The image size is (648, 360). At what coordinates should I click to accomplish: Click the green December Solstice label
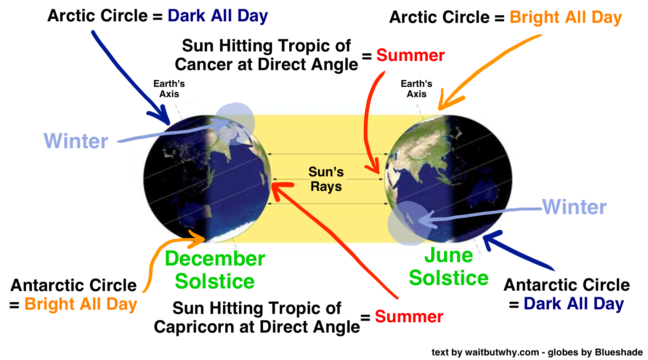tap(215, 270)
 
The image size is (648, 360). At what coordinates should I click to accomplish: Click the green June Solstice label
tap(449, 266)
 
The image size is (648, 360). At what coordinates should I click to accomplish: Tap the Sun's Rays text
tap(326, 179)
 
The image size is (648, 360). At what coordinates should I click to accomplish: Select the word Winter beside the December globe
tap(76, 141)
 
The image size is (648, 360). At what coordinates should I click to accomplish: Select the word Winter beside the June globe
tap(574, 207)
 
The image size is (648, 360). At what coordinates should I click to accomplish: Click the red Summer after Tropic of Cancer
tap(411, 55)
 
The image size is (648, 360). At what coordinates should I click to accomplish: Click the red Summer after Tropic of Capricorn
tap(409, 316)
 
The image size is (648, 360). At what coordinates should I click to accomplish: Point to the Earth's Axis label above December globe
tap(169, 89)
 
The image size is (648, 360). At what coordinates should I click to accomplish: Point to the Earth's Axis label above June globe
tap(416, 89)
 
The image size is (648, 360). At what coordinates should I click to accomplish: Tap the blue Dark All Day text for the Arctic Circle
tap(218, 16)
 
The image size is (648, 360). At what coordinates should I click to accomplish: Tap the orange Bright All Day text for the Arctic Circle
tap(566, 18)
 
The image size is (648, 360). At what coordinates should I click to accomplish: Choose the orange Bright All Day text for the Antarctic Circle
tap(81, 304)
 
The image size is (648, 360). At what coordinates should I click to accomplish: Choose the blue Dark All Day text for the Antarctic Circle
tap(574, 304)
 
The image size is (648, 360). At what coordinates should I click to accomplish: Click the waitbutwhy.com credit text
tap(502, 352)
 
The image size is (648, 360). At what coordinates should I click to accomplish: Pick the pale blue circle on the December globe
tap(235, 124)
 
